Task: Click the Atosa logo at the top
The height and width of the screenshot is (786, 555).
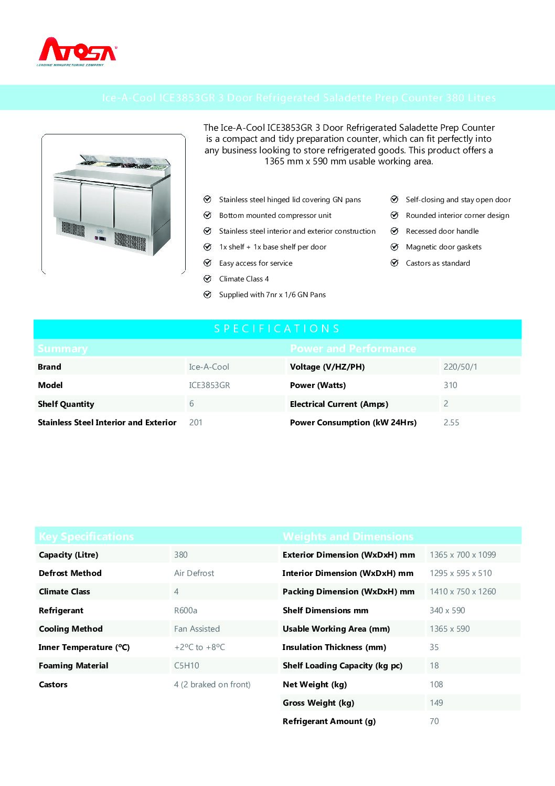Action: point(78,51)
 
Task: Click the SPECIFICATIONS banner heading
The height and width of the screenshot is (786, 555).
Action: point(277,329)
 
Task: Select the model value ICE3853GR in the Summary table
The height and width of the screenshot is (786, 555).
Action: point(209,385)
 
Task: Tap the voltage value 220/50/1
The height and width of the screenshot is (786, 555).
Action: point(460,367)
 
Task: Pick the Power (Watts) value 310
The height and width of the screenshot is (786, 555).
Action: point(450,385)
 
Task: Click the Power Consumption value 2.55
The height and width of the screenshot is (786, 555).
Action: point(451,423)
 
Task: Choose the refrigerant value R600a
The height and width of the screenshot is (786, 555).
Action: point(186,611)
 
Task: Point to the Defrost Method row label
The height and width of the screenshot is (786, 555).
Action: point(70,573)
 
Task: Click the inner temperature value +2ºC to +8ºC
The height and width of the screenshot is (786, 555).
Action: point(199,647)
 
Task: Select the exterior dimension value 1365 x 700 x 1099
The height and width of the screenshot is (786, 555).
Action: point(463,555)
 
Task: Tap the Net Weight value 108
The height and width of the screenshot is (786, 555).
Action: point(436,685)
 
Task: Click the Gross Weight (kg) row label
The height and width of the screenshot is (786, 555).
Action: point(318,703)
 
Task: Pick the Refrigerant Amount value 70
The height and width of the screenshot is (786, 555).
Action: point(434,721)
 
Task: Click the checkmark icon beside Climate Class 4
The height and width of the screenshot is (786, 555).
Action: point(207,279)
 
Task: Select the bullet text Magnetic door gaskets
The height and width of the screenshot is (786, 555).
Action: point(443,247)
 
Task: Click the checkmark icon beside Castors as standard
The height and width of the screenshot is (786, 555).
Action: point(394,263)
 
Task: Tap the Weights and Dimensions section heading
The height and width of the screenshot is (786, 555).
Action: point(348,537)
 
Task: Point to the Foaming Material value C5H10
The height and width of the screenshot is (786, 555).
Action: point(187,666)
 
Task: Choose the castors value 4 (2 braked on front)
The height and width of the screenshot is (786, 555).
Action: point(212,685)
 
